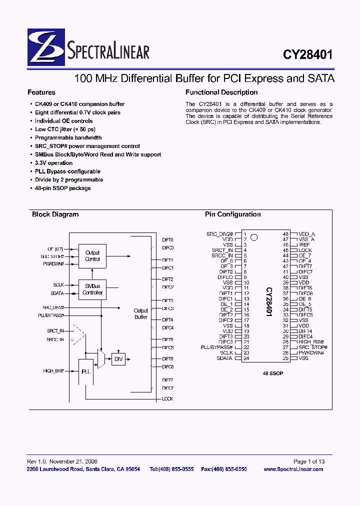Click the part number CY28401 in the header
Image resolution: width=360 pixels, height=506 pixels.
(x=308, y=54)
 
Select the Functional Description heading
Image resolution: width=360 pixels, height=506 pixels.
(x=221, y=92)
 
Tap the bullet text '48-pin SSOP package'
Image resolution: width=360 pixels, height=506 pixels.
(x=63, y=188)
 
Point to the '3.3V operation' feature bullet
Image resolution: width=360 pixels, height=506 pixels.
(x=53, y=163)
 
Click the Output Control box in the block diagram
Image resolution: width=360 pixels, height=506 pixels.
(x=92, y=256)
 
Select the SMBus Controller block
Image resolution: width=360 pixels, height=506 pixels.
(x=92, y=289)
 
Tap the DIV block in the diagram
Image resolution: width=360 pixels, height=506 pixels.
(x=118, y=359)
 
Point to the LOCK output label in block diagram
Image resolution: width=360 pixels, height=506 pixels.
(x=167, y=399)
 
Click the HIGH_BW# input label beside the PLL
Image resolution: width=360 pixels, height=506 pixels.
(x=53, y=371)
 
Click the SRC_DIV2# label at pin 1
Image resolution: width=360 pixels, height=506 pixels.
(x=219, y=234)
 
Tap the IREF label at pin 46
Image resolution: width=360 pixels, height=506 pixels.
(x=304, y=245)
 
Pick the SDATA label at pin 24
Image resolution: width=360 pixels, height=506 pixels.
(x=224, y=358)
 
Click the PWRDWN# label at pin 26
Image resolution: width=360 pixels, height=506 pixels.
(x=311, y=353)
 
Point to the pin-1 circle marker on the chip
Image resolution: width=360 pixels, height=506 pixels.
(x=254, y=237)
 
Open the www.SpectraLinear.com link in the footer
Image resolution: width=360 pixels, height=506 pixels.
(x=293, y=469)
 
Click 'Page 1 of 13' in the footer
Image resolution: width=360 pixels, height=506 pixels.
(x=309, y=461)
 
